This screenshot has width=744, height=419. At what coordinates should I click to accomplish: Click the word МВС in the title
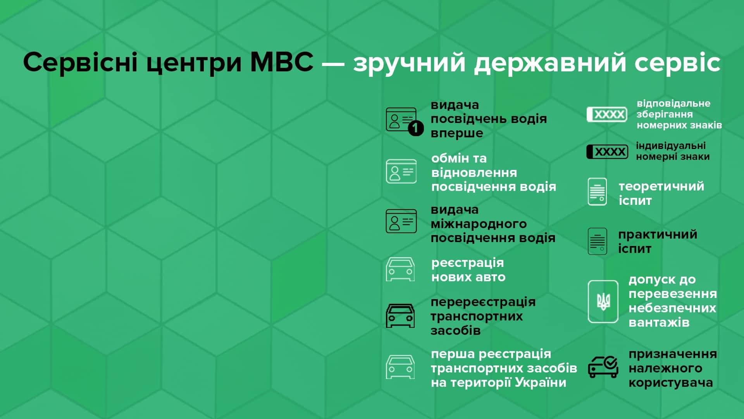tap(282, 62)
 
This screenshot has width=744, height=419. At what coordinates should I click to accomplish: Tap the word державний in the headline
tap(550, 63)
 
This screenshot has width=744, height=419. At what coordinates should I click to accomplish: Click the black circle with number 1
tap(415, 128)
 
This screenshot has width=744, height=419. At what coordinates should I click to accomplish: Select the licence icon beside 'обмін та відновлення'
tap(401, 171)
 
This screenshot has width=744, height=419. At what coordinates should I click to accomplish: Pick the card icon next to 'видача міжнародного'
tap(401, 221)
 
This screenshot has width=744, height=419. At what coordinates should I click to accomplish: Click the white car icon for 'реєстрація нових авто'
tap(400, 269)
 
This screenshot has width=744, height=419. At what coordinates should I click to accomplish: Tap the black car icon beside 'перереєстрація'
tap(400, 316)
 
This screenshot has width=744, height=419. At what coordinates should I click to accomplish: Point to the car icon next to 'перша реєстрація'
tap(400, 367)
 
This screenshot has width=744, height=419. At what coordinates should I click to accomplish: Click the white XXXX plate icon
tap(607, 114)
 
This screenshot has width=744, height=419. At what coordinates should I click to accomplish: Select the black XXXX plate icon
tap(607, 152)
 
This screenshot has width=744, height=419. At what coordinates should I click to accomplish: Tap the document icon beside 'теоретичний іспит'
tap(597, 192)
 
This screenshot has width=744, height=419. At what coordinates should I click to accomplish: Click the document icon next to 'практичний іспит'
tap(597, 241)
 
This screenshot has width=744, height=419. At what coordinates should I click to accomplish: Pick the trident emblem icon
tap(603, 301)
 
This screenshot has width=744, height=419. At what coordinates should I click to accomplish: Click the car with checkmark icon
tap(603, 367)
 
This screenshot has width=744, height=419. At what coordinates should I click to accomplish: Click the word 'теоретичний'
tap(661, 186)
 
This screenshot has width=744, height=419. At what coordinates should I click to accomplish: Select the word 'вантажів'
tap(659, 322)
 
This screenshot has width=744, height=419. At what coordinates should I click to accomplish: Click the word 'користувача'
tap(671, 383)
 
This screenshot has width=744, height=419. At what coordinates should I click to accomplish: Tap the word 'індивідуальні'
tap(671, 146)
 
